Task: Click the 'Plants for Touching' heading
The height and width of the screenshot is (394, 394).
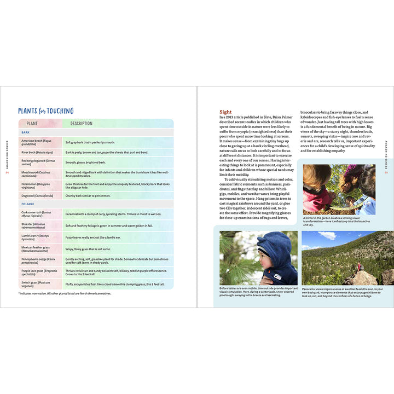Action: [45, 111]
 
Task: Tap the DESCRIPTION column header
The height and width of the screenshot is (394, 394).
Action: [82, 124]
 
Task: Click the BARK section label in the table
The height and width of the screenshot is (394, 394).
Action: [25, 132]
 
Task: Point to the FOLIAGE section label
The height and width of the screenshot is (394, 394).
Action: [27, 204]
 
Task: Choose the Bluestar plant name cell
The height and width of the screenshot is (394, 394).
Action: [38, 225]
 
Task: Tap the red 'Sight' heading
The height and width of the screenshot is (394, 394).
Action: [225, 112]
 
